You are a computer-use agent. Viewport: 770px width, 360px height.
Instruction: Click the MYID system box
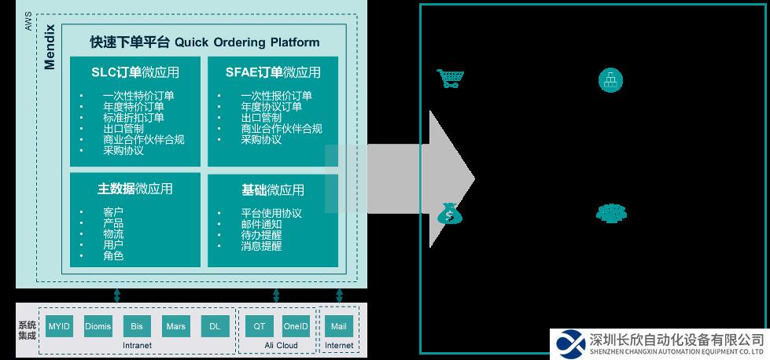click(x=60, y=326)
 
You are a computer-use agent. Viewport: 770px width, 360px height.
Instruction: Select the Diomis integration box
click(x=98, y=326)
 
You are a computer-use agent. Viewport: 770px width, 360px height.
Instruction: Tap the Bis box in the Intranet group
click(x=137, y=326)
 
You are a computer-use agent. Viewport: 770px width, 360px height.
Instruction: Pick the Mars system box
click(x=175, y=326)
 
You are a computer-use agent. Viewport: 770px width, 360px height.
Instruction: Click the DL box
click(x=215, y=326)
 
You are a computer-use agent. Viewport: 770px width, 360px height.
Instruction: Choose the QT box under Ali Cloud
click(x=259, y=326)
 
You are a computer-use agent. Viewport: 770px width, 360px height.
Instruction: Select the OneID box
click(x=296, y=326)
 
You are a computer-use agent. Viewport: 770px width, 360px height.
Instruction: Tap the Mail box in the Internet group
click(x=339, y=326)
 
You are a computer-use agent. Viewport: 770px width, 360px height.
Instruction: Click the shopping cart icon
click(x=450, y=79)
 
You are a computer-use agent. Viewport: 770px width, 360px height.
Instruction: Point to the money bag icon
click(x=449, y=213)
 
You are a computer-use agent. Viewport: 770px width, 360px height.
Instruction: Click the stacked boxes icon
click(x=610, y=79)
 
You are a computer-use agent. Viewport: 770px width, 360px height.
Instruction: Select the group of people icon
click(x=610, y=213)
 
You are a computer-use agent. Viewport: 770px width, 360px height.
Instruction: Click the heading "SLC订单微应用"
click(x=135, y=72)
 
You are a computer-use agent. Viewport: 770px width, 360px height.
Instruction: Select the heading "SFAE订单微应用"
click(x=273, y=72)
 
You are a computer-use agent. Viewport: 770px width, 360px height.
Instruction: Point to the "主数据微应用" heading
click(x=135, y=189)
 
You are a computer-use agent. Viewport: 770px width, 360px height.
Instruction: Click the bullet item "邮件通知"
click(x=261, y=224)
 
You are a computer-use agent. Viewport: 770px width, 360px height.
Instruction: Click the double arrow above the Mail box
click(x=339, y=295)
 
